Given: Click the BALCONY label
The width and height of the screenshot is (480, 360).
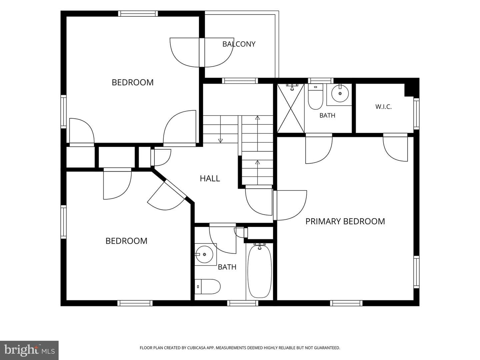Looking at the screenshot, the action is pyautogui.click(x=239, y=44).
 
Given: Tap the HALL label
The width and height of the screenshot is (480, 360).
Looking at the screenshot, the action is pyautogui.click(x=210, y=179).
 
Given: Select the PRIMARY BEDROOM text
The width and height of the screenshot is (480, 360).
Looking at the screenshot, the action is pyautogui.click(x=345, y=221).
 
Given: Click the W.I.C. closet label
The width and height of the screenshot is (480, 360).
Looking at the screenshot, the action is pyautogui.click(x=383, y=107).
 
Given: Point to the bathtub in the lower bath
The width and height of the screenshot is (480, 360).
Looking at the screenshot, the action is pyautogui.click(x=260, y=272).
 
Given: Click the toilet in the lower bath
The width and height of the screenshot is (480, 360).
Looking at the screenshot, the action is pyautogui.click(x=208, y=287).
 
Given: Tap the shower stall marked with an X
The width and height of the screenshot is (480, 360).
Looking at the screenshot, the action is pyautogui.click(x=291, y=108).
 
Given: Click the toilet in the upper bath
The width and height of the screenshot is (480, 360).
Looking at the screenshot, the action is pyautogui.click(x=315, y=97).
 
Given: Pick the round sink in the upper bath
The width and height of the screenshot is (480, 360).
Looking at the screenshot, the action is pyautogui.click(x=340, y=93).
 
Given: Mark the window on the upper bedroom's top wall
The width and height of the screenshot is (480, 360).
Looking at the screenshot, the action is pyautogui.click(x=138, y=14).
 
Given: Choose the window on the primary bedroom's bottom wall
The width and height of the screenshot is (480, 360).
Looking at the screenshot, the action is pyautogui.click(x=346, y=303).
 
